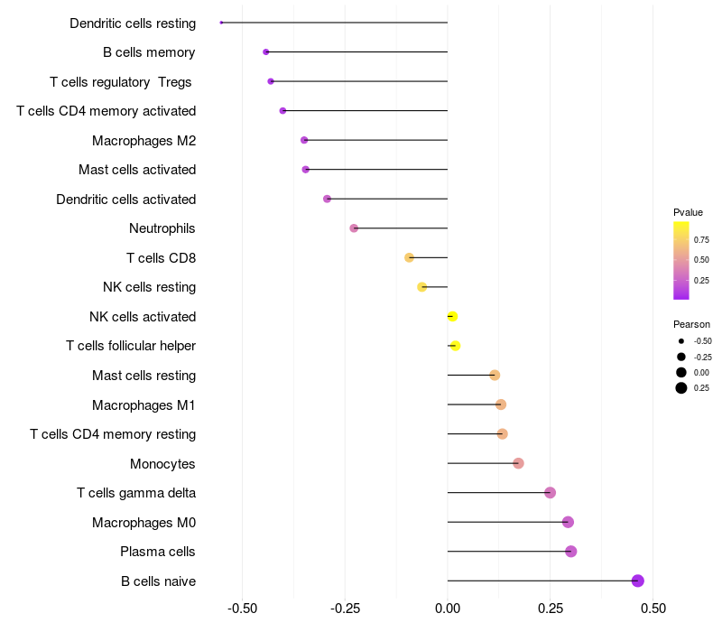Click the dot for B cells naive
coord(638,581)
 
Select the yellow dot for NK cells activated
coord(452,317)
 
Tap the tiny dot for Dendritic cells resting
coord(221,23)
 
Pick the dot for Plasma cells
coord(571,552)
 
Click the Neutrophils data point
coord(354,228)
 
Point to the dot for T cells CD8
coord(409,257)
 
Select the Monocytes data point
coord(518,463)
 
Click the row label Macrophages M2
coord(144,141)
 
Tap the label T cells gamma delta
coord(136,493)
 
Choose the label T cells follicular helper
coord(131,346)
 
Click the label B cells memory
coord(149,52)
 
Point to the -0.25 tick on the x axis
coord(345,609)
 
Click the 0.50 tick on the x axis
coord(653,609)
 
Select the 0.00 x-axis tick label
coord(448,609)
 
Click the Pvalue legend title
coord(688,212)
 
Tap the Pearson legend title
coord(691,324)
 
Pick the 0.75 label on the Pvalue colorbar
coord(701,239)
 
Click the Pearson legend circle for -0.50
coord(681,341)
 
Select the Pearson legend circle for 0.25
coord(681,388)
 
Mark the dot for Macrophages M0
coord(568,522)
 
